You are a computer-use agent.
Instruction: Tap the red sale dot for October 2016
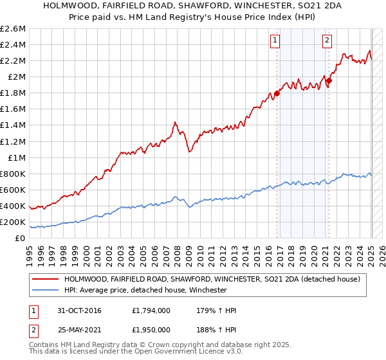click(x=277, y=93)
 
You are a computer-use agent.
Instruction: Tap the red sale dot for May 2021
click(x=329, y=80)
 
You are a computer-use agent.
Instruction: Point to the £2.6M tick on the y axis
click(x=14, y=29)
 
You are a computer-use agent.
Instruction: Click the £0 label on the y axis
click(x=21, y=238)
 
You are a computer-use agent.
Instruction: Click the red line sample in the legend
click(x=45, y=280)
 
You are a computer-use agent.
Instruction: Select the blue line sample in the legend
click(x=45, y=291)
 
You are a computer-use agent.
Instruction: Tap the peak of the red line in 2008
click(x=175, y=122)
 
